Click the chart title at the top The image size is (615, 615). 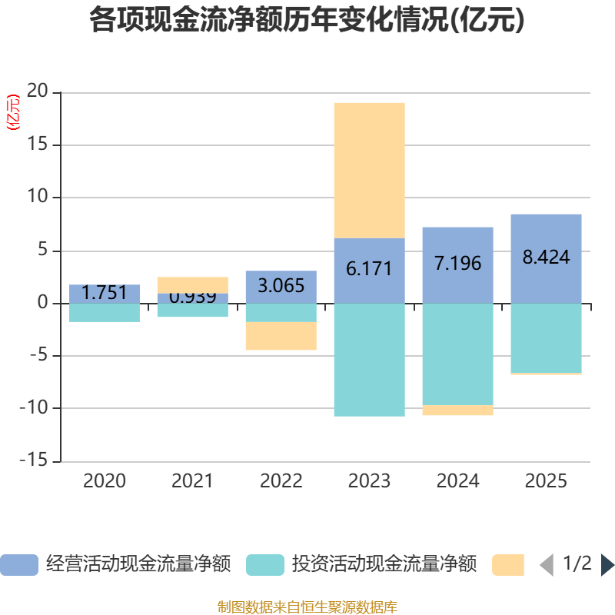tap(307, 21)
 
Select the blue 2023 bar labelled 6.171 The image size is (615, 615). tap(369, 270)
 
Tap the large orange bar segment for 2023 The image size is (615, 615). tap(369, 170)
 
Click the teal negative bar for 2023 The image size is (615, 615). tap(369, 360)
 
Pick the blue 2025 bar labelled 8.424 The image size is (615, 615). tap(546, 258)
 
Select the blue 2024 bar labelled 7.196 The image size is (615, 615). tap(457, 264)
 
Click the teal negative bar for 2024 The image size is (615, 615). tap(457, 354)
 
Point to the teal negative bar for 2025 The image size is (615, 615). tap(546, 338)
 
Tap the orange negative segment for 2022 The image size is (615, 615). tap(281, 336)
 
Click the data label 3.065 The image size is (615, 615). tap(281, 286)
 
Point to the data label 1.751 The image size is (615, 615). tap(104, 293)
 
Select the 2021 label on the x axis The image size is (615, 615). tap(192, 482)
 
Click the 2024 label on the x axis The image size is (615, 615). tap(457, 482)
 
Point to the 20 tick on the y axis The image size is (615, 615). tap(37, 92)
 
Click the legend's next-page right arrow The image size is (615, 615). tap(607, 565)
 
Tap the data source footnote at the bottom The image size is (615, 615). tap(307, 607)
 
